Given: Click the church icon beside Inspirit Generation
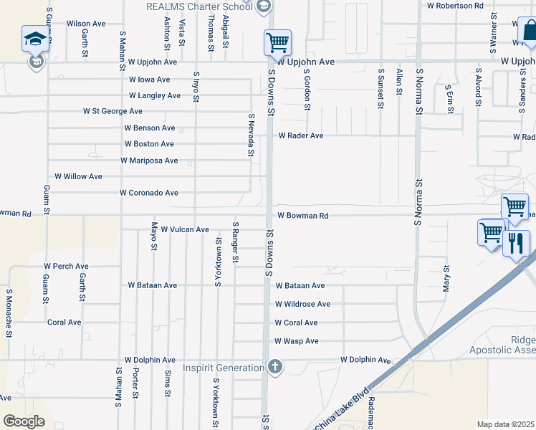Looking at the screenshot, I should tap(274, 368).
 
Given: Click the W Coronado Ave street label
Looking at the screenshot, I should tap(149, 193).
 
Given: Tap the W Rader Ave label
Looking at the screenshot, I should tap(301, 135).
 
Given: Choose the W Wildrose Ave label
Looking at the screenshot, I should tap(302, 304).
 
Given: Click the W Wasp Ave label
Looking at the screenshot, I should tap(296, 341).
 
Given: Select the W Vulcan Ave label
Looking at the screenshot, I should tap(184, 230).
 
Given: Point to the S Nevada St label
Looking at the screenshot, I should tap(252, 135).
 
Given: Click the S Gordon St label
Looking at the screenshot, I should tap(307, 90).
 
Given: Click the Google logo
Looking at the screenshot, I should tap(24, 421).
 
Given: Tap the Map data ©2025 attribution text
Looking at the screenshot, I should tap(505, 424).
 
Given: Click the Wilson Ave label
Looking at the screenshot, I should tap(86, 24).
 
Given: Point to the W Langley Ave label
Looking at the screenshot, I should tap(154, 95).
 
